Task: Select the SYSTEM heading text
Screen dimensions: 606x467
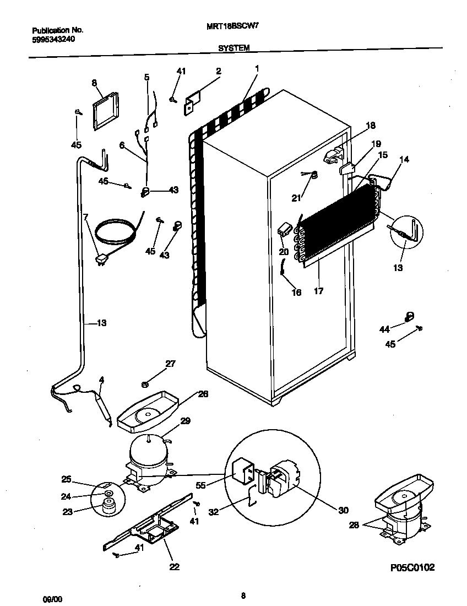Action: click(233, 48)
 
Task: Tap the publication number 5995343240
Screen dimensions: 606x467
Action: click(54, 40)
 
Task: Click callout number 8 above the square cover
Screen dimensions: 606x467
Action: click(94, 83)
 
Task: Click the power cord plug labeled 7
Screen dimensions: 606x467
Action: click(102, 258)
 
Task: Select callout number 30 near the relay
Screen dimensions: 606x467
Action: click(343, 510)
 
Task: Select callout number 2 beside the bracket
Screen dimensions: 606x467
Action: click(219, 71)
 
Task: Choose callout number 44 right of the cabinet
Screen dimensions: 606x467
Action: click(384, 329)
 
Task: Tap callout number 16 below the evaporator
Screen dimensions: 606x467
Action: click(296, 293)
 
